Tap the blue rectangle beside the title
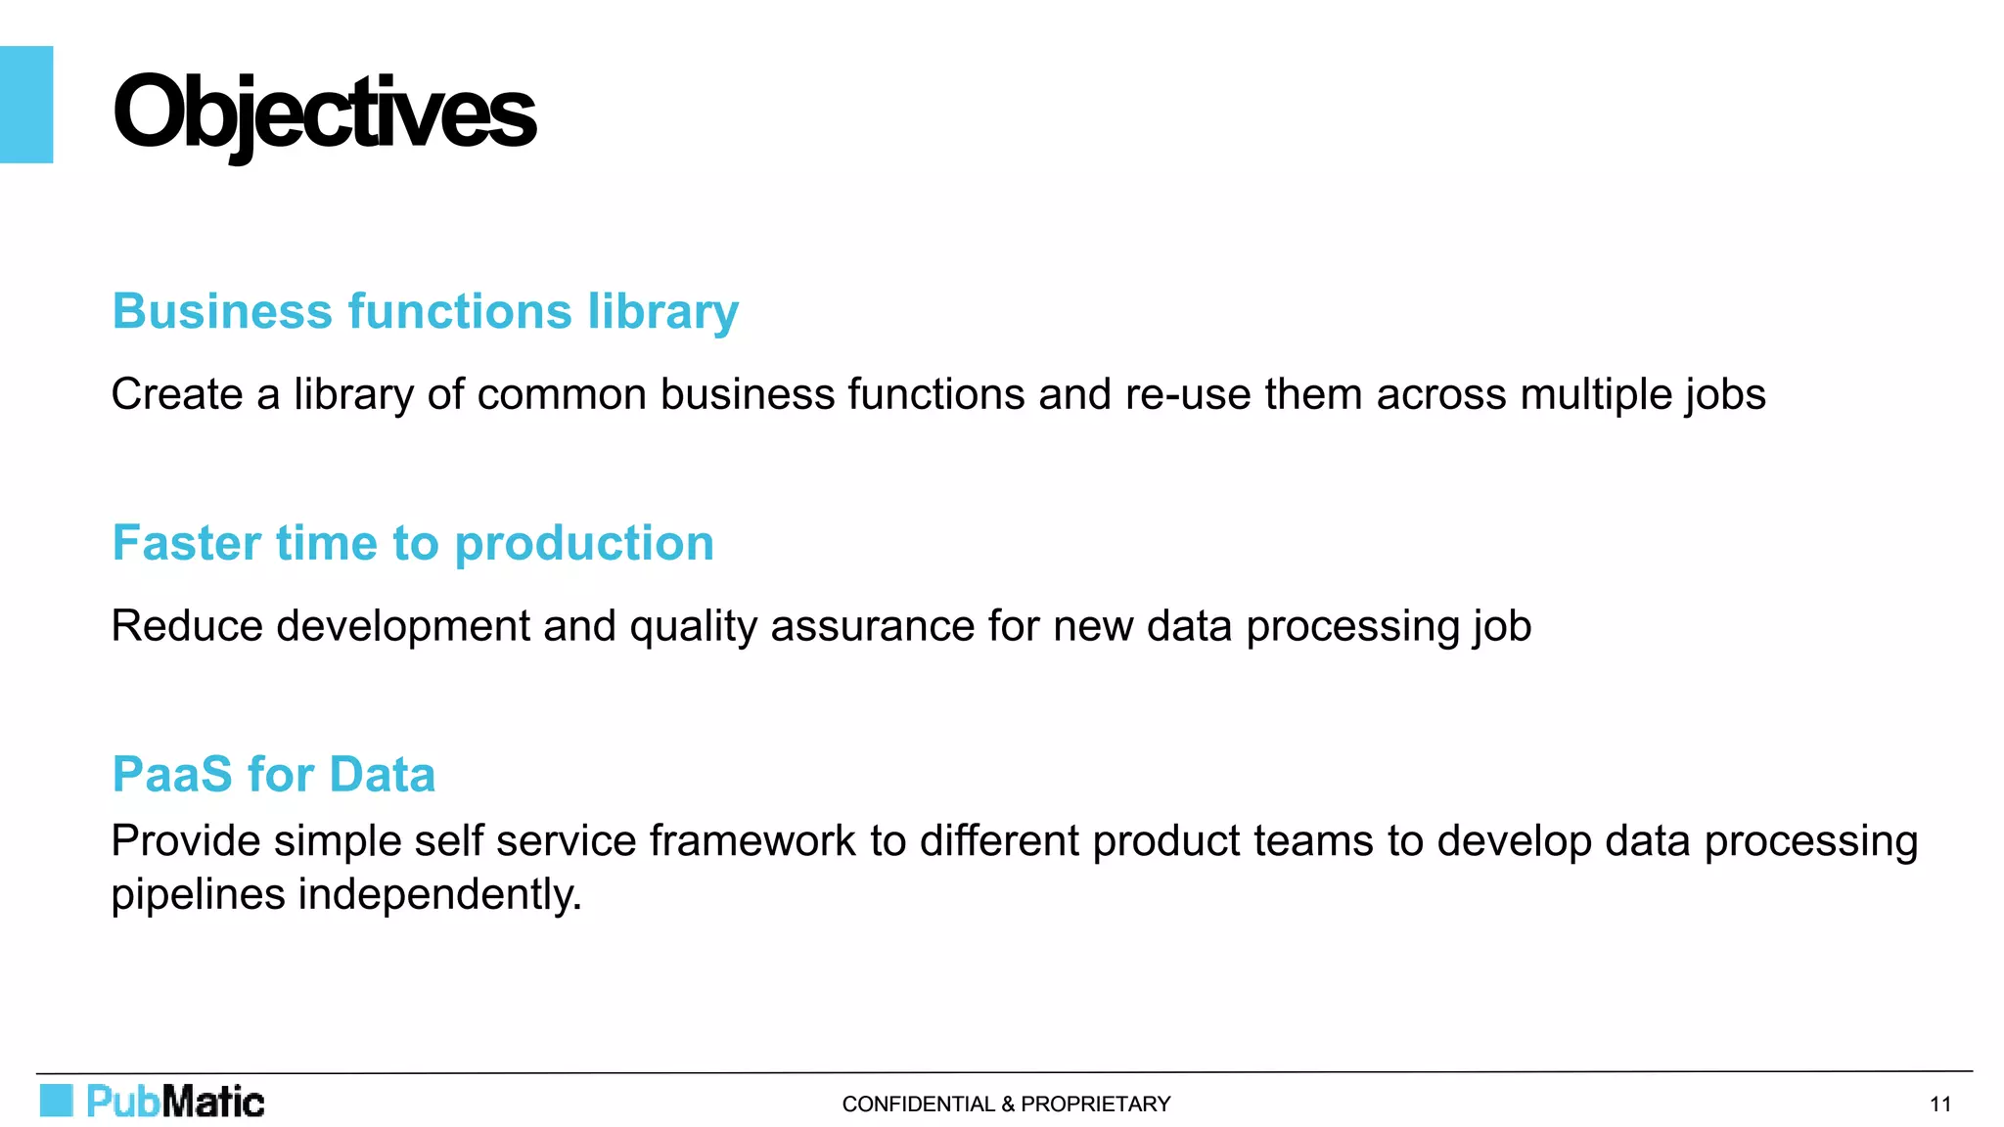(x=26, y=104)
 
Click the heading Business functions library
(x=425, y=311)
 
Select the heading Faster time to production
(x=413, y=543)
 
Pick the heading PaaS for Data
(x=274, y=774)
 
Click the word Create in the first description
(x=176, y=394)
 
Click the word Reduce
(x=186, y=626)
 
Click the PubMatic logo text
(x=175, y=1102)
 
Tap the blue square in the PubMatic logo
(x=56, y=1101)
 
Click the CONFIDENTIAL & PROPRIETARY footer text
(x=1006, y=1104)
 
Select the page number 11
(x=1939, y=1104)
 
